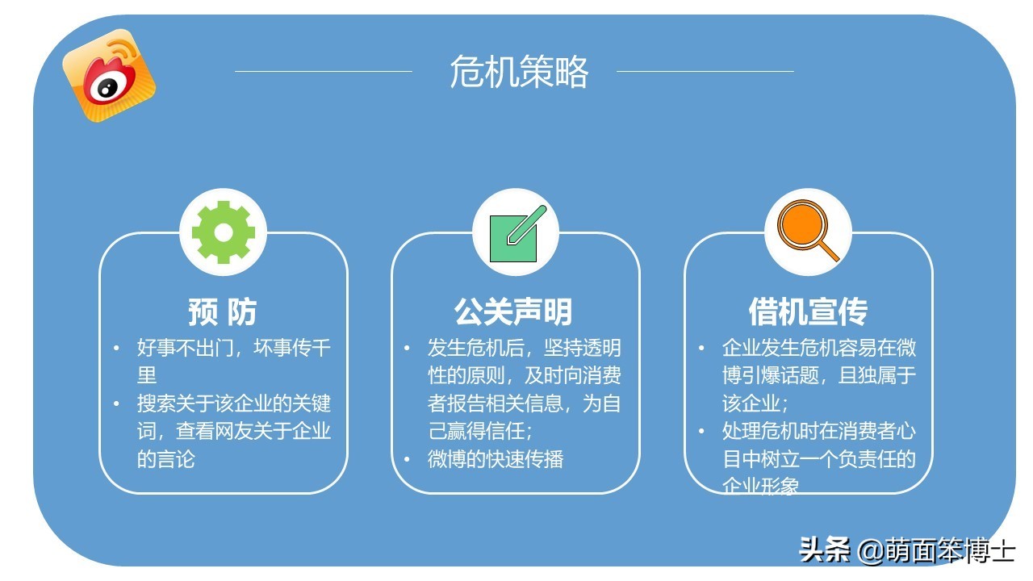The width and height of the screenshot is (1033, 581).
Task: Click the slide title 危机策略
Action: pyautogui.click(x=518, y=72)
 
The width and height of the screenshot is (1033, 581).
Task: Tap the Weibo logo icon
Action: pyautogui.click(x=108, y=75)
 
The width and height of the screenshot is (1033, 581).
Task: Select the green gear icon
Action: pyautogui.click(x=224, y=232)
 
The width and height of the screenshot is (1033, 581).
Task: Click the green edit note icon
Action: pyautogui.click(x=516, y=233)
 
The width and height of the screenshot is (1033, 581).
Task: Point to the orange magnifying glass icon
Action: pyautogui.click(x=807, y=232)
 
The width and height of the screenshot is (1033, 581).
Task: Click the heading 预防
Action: pyautogui.click(x=223, y=311)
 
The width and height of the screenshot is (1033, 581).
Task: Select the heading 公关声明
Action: pyautogui.click(x=514, y=311)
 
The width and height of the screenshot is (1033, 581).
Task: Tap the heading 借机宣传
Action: pyautogui.click(x=808, y=311)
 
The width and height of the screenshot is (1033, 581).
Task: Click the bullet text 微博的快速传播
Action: pyautogui.click(x=496, y=459)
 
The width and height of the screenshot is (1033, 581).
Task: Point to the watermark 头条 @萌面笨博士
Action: pyautogui.click(x=906, y=550)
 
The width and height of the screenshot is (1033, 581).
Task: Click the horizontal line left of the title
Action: pyautogui.click(x=323, y=71)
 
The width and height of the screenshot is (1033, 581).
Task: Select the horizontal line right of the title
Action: pyautogui.click(x=705, y=71)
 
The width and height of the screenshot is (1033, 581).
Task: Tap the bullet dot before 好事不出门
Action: pyautogui.click(x=116, y=349)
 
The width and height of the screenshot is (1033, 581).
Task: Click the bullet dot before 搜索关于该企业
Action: pyautogui.click(x=116, y=403)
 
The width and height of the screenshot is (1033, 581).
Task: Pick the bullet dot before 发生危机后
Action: pyautogui.click(x=408, y=349)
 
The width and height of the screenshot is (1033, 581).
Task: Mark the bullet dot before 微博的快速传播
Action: pyautogui.click(x=408, y=459)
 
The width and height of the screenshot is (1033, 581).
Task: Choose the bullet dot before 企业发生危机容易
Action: pyautogui.click(x=701, y=349)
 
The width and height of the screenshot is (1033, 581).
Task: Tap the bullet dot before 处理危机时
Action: pyautogui.click(x=701, y=431)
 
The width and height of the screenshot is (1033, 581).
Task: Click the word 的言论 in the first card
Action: pyautogui.click(x=166, y=459)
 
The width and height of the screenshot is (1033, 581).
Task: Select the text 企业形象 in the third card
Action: pyautogui.click(x=760, y=486)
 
